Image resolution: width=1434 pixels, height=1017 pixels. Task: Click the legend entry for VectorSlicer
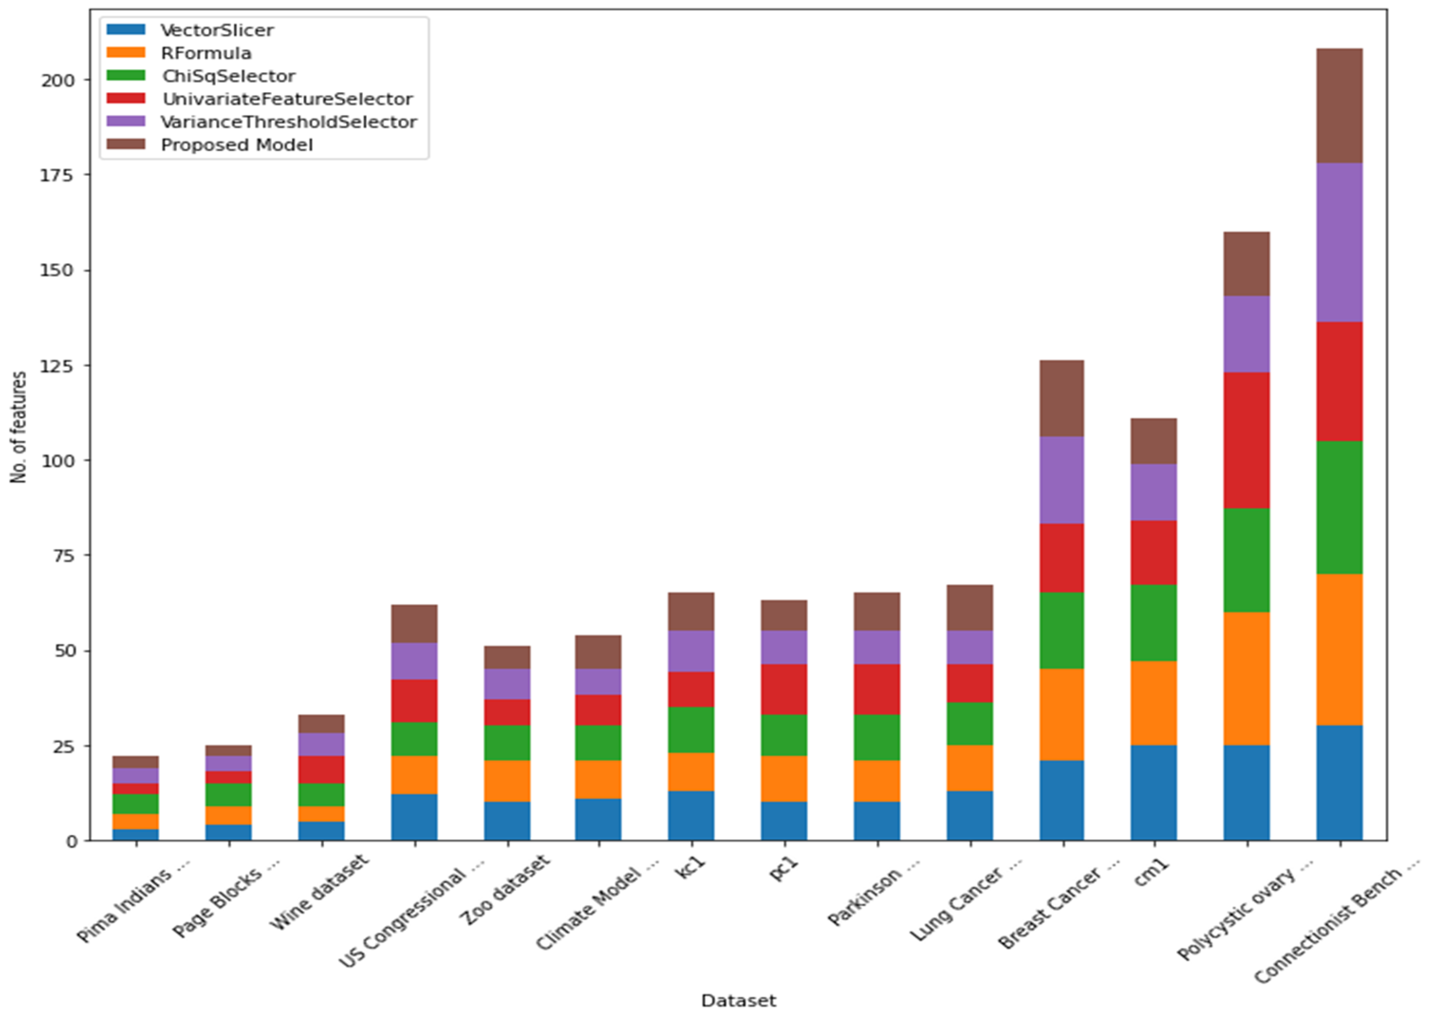[x=216, y=30]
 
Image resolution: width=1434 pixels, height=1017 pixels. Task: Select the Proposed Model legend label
[x=237, y=145]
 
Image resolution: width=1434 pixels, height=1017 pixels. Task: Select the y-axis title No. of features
[x=19, y=427]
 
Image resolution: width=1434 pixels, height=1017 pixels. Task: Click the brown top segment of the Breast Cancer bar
[x=1062, y=398]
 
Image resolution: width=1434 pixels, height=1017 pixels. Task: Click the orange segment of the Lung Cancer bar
[x=969, y=768]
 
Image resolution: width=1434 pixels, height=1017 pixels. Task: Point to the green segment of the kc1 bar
[x=690, y=730]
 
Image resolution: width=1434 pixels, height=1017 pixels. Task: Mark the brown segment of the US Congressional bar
[x=414, y=624]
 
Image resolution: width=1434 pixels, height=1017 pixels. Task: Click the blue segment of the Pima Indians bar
[x=135, y=834]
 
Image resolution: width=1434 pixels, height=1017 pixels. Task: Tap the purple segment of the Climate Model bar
[x=598, y=681]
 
